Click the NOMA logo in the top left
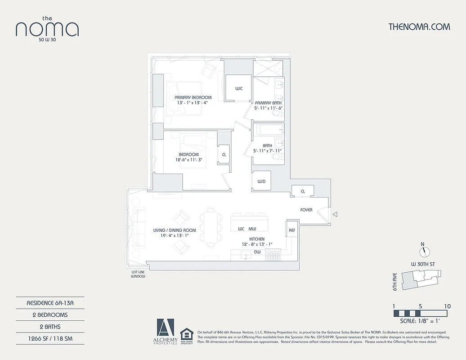pyautogui.click(x=47, y=28)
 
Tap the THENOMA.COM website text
pyautogui.click(x=419, y=27)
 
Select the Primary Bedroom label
pyautogui.click(x=193, y=98)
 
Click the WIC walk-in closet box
pyautogui.click(x=238, y=89)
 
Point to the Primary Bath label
pyautogui.click(x=268, y=103)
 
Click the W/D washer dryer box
pyautogui.click(x=261, y=181)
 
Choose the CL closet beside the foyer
pyautogui.click(x=303, y=191)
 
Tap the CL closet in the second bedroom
pyautogui.click(x=224, y=154)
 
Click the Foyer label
pyautogui.click(x=306, y=210)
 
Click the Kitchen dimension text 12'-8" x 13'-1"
pyautogui.click(x=257, y=244)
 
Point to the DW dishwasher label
pyautogui.click(x=257, y=252)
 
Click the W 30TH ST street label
pyautogui.click(x=423, y=264)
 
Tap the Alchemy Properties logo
pyautogui.click(x=165, y=331)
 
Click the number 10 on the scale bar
pyautogui.click(x=447, y=306)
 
